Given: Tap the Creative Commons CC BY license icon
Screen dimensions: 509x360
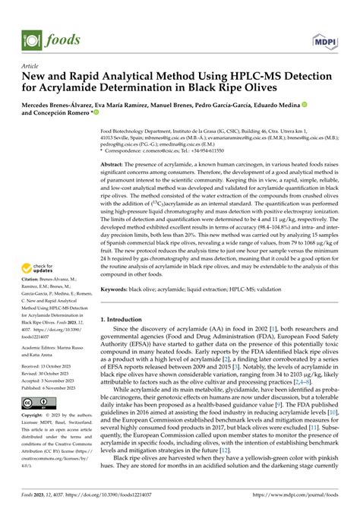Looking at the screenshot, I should pyautogui.click(x=35, y=403).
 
